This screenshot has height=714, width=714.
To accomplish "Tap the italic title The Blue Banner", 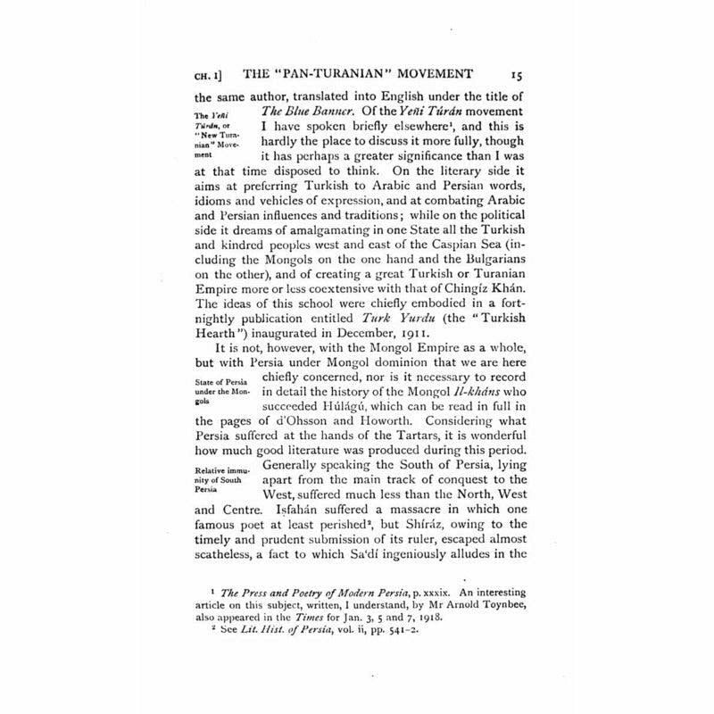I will [x=307, y=111].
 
